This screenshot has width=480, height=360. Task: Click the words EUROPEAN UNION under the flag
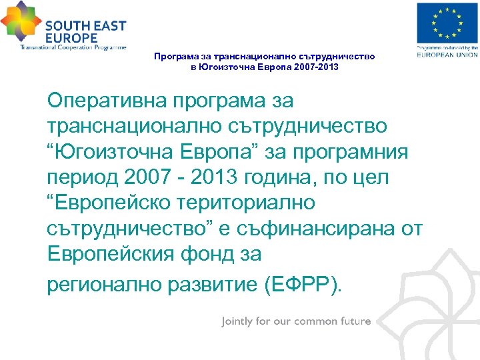(x=447, y=55)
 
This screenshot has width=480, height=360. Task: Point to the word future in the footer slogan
(x=353, y=321)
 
